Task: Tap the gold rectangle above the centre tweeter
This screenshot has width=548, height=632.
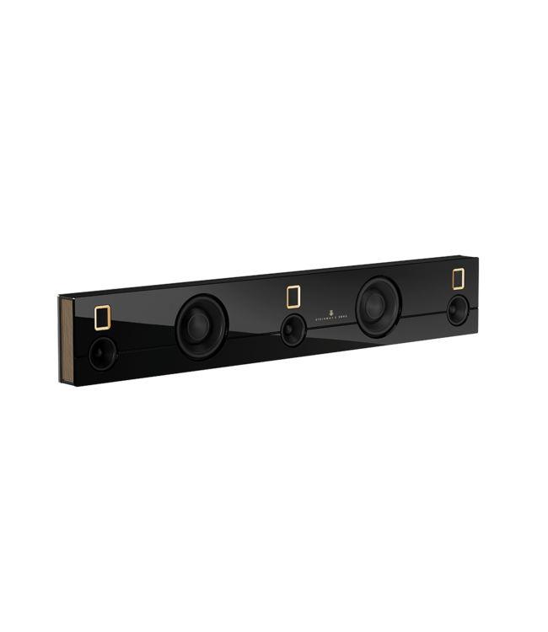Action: tap(293, 297)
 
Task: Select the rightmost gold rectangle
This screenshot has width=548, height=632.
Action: tap(459, 279)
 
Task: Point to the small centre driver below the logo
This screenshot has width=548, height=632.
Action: tap(293, 330)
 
